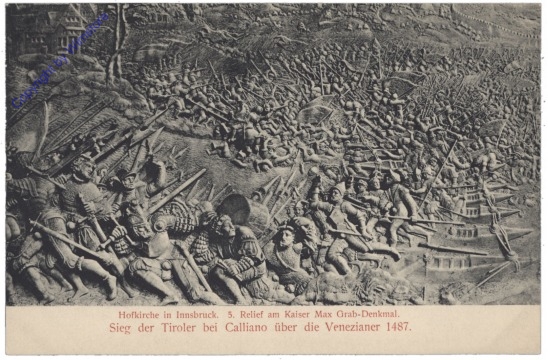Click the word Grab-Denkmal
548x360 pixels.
tap(397, 313)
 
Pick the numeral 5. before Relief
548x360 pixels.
tap(239, 313)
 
